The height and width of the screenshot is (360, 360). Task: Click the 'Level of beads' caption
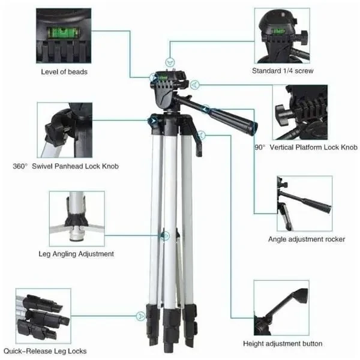[64, 71]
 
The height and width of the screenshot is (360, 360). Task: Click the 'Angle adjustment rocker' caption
[306, 239]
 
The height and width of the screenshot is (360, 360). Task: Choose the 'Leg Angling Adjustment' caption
[76, 254]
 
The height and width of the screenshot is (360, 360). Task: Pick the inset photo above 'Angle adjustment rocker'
[304, 202]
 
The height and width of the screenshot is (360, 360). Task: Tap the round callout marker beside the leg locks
[141, 314]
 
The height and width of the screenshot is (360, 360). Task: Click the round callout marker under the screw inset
[171, 61]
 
